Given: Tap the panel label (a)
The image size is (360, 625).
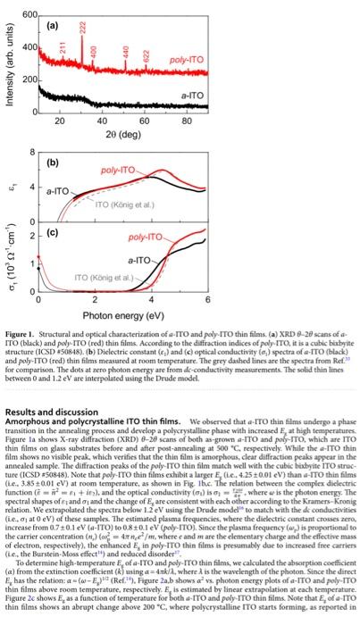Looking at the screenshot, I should click(51, 21).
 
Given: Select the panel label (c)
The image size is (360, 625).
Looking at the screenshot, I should click(51, 234).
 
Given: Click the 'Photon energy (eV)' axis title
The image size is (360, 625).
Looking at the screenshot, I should click(122, 316).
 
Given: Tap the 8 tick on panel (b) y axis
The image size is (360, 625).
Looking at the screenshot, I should click(33, 154).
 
